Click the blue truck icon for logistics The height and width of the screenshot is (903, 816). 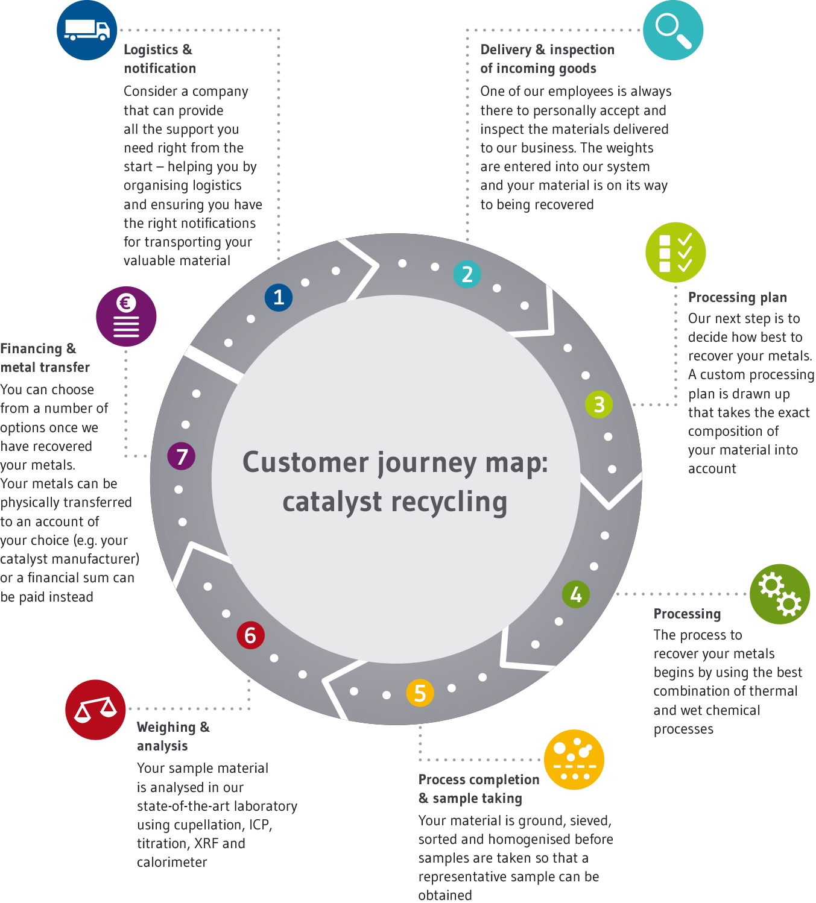(87, 30)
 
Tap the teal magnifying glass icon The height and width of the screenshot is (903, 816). (673, 30)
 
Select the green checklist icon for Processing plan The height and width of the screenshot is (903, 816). (675, 253)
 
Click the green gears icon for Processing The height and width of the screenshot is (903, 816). (780, 594)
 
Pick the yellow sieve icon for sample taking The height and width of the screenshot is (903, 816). (574, 760)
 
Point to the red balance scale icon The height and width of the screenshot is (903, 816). (95, 709)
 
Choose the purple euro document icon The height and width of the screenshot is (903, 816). (126, 316)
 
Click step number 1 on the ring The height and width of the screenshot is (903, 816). (279, 297)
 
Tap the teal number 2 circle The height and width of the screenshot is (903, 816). (467, 274)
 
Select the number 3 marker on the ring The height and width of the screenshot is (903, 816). (599, 404)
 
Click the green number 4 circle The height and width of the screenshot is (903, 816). (576, 595)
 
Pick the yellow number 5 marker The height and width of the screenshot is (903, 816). (420, 693)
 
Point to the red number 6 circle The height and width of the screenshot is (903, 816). (250, 635)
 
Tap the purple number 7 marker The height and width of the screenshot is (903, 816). (182, 456)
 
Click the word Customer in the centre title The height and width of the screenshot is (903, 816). (305, 463)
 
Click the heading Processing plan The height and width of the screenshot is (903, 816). (737, 297)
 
